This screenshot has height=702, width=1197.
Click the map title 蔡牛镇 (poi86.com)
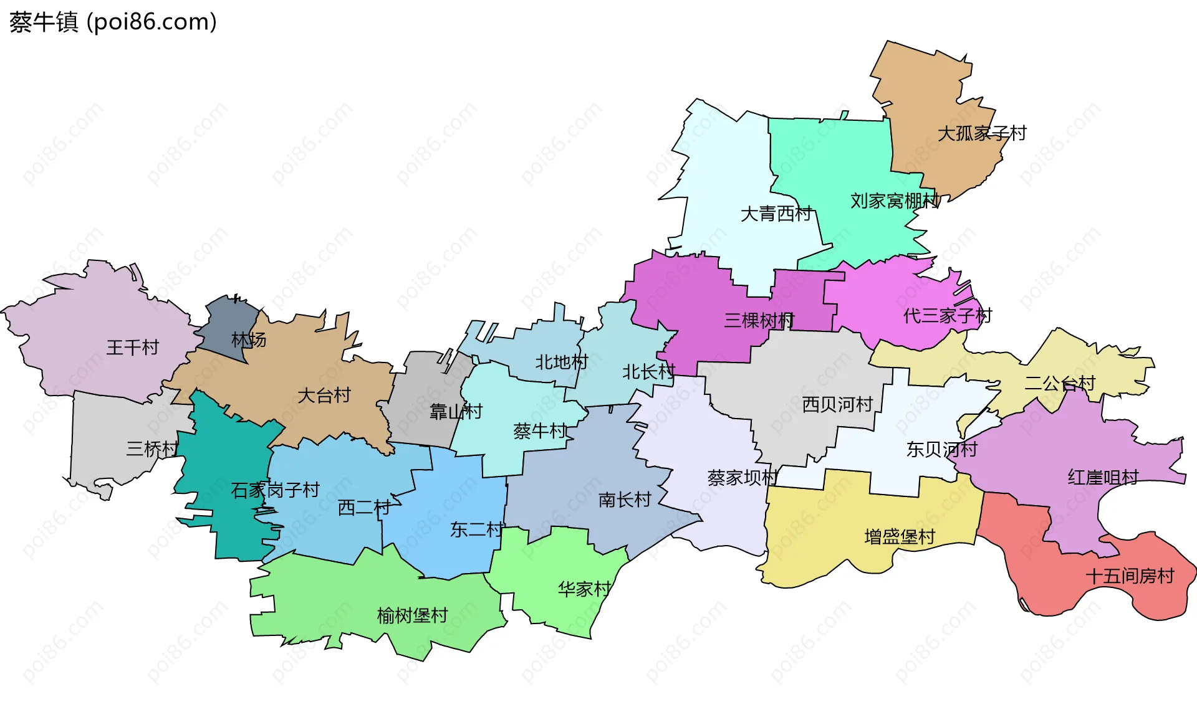coord(113,22)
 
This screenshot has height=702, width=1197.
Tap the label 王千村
coord(132,347)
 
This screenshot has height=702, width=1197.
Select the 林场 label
coord(249,340)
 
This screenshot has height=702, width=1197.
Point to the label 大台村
coord(324,395)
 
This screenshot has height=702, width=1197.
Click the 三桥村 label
coord(152,448)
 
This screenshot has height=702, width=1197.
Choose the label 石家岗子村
coord(275,490)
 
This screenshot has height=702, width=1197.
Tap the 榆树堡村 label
coord(412,615)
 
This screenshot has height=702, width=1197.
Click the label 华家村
coord(584,589)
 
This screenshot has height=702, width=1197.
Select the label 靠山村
coord(456,411)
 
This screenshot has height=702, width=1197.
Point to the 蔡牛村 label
coord(540,430)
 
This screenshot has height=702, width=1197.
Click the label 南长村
coord(625,500)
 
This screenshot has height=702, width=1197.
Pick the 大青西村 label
coord(776,214)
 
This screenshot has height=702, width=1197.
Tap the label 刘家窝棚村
coord(895,201)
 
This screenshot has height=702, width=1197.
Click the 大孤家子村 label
coord(982,133)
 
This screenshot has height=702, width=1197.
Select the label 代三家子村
coord(947,315)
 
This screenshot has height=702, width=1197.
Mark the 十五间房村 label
coord(1130,576)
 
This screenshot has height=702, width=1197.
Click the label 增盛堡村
coord(900,536)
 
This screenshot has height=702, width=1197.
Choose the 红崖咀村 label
coord(1103,477)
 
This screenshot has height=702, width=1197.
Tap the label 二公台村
coord(1060,383)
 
